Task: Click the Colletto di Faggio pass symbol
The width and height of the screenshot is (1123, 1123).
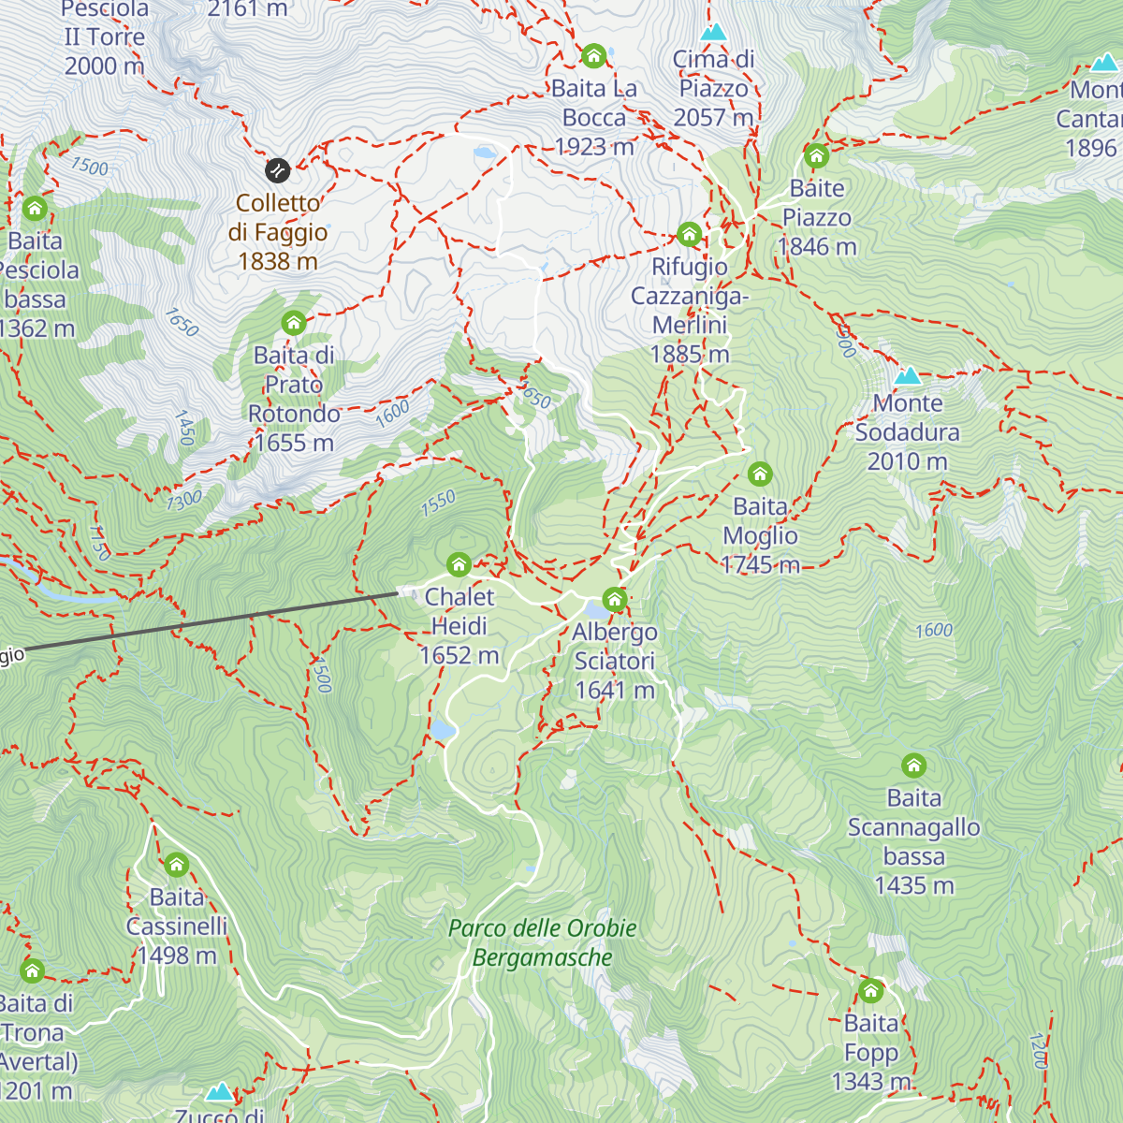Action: (277, 170)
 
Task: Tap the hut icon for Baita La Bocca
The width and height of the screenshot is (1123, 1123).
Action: (593, 57)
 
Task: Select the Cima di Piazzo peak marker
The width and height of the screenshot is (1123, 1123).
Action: (713, 33)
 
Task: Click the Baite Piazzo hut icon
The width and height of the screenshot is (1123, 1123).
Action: (817, 155)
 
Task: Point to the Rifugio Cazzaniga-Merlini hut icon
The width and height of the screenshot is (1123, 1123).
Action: (690, 234)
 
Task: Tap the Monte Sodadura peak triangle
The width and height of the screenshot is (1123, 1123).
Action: (907, 376)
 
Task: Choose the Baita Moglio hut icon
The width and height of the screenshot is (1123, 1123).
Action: (760, 474)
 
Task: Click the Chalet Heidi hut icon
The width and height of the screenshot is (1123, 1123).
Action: (459, 564)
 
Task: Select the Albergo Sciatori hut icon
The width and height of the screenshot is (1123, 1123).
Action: (615, 599)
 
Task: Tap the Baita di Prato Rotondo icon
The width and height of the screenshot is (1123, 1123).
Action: (294, 323)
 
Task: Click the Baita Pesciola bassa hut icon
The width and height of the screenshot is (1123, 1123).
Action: (36, 208)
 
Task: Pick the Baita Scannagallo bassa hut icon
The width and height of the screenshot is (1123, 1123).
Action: (913, 766)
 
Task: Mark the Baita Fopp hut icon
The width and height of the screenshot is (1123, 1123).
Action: (870, 990)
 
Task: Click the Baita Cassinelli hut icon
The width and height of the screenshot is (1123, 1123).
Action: (176, 865)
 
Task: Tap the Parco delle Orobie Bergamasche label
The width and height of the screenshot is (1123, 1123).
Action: (542, 942)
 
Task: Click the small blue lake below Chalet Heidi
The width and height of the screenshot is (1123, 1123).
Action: (442, 730)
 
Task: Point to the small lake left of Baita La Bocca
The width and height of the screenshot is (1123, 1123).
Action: (485, 152)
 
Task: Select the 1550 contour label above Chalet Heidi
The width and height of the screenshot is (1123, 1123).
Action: (438, 503)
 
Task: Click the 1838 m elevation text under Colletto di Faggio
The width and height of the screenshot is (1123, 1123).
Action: (278, 262)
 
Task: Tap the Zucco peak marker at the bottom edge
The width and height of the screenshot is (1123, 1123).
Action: (220, 1092)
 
